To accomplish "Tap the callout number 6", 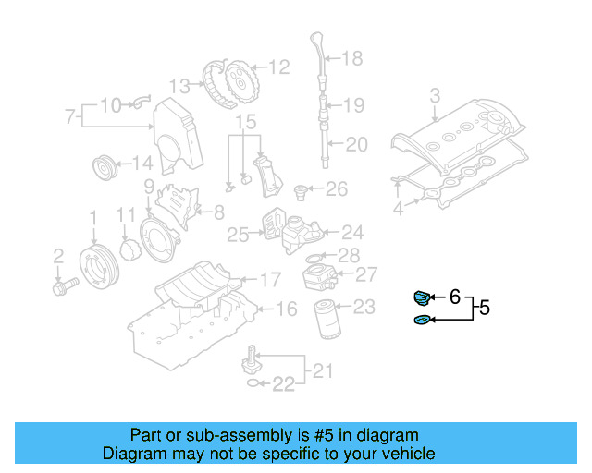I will [454, 297].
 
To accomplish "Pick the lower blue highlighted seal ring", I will [421, 320].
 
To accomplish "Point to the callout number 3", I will [435, 95].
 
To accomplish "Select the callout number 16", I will [288, 309].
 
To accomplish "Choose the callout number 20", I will [356, 143].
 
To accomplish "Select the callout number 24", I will [352, 232].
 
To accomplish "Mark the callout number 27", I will [366, 274].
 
